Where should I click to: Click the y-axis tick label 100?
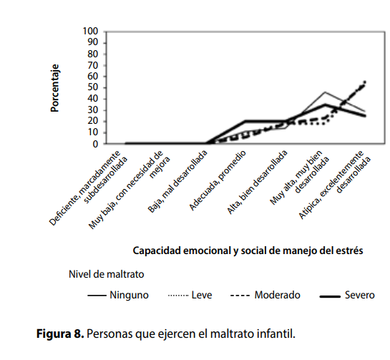coord(91,31)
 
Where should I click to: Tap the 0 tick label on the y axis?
coord(96,144)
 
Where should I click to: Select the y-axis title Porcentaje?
coord(54,88)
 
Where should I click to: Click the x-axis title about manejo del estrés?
coord(248,250)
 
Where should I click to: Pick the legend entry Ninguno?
coord(118,295)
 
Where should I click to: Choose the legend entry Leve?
coord(190,295)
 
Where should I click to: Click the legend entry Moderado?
coord(265,295)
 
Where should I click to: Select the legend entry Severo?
coord(347,295)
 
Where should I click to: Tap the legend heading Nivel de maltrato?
coord(107,274)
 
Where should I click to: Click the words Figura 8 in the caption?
coord(60,334)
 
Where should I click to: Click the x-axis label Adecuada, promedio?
coord(218,180)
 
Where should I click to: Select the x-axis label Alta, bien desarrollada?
coord(257,182)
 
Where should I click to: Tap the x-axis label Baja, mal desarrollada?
coord(177,182)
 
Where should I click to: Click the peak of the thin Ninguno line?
coord(325,92)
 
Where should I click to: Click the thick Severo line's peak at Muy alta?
coord(325,104)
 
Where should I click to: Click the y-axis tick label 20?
coord(93,122)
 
